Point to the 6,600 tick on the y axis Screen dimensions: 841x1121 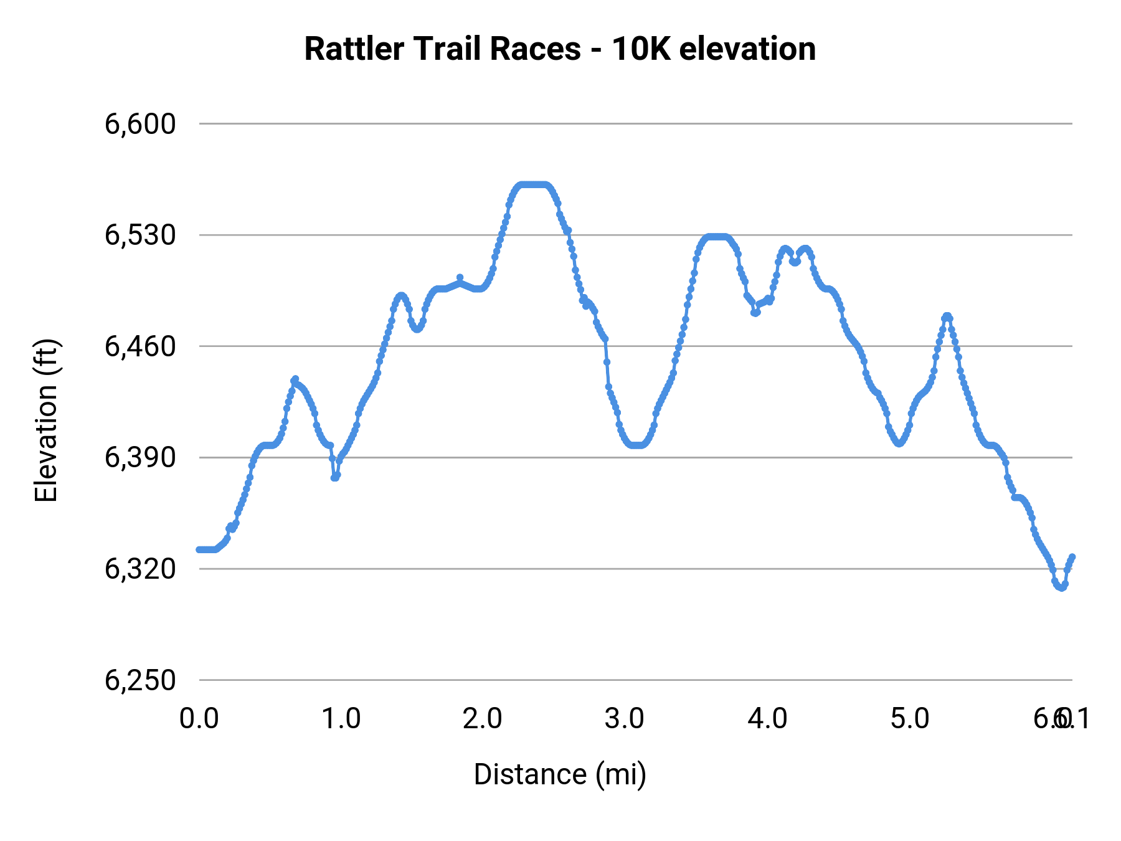pos(141,124)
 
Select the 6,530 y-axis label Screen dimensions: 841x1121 pos(141,235)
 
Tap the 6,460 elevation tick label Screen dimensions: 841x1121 pos(141,346)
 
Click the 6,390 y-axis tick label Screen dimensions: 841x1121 pos(141,458)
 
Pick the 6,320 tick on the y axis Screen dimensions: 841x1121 pos(141,569)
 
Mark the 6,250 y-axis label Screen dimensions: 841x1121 pos(141,680)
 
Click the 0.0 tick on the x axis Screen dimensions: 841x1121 pos(199,719)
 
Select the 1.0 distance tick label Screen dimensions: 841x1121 pos(341,719)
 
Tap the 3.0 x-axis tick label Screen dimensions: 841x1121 pos(625,719)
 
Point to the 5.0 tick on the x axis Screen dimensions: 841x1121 pos(910,719)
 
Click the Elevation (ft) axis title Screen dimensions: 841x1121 pos(46,420)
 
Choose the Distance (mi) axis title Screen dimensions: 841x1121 pos(560,774)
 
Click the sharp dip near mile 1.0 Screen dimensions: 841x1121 pos(336,477)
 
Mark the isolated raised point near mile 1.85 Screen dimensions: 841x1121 pos(460,277)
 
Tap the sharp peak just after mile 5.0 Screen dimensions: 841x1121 pos(947,316)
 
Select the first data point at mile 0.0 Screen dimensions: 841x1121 pos(199,549)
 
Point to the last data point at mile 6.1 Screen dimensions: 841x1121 pos(1072,556)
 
